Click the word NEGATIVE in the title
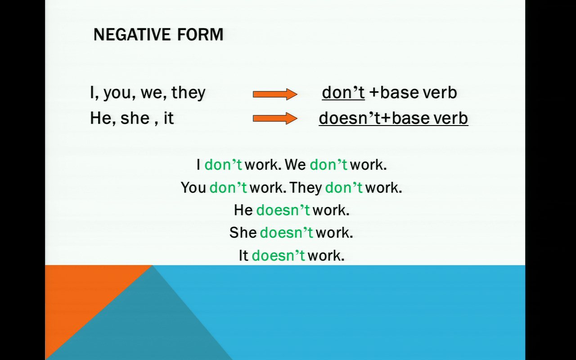coord(132,35)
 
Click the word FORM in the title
coord(200,35)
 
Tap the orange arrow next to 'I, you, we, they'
coord(275,94)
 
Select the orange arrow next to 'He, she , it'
coord(275,118)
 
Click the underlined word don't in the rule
coord(343,93)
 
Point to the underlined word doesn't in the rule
coord(350,118)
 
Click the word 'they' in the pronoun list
coord(189,93)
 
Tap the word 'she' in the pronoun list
coord(135,118)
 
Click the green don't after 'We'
coord(328,165)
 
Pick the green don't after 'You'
coord(228,188)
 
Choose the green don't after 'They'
coord(344,188)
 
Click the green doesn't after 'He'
coord(283,210)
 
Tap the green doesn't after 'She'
coord(287,233)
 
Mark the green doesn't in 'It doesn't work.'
coord(279,256)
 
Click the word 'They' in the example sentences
coord(306,188)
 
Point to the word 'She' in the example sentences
coord(243,233)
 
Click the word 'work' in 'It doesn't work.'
coord(324,256)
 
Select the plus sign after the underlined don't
coord(374,93)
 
